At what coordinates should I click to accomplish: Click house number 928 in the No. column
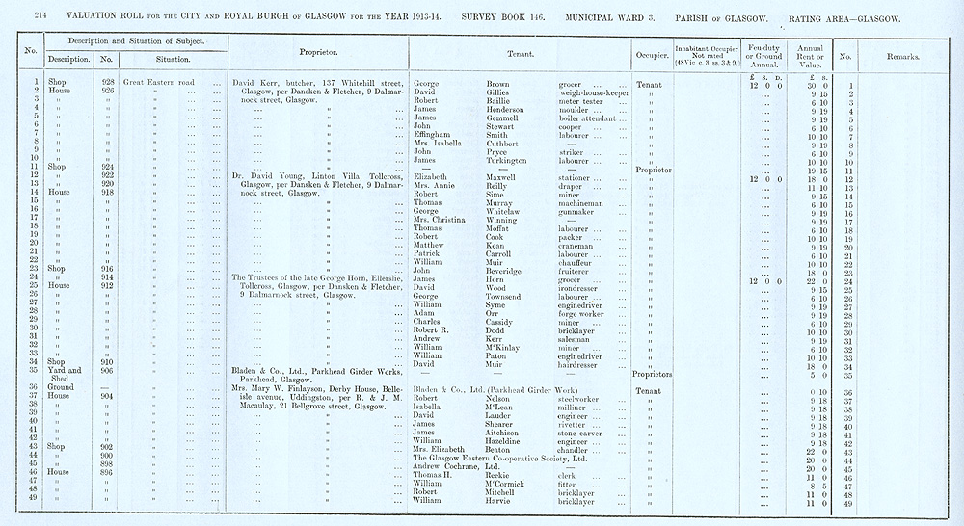click(x=108, y=83)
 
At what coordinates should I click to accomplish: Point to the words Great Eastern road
click(x=159, y=83)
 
